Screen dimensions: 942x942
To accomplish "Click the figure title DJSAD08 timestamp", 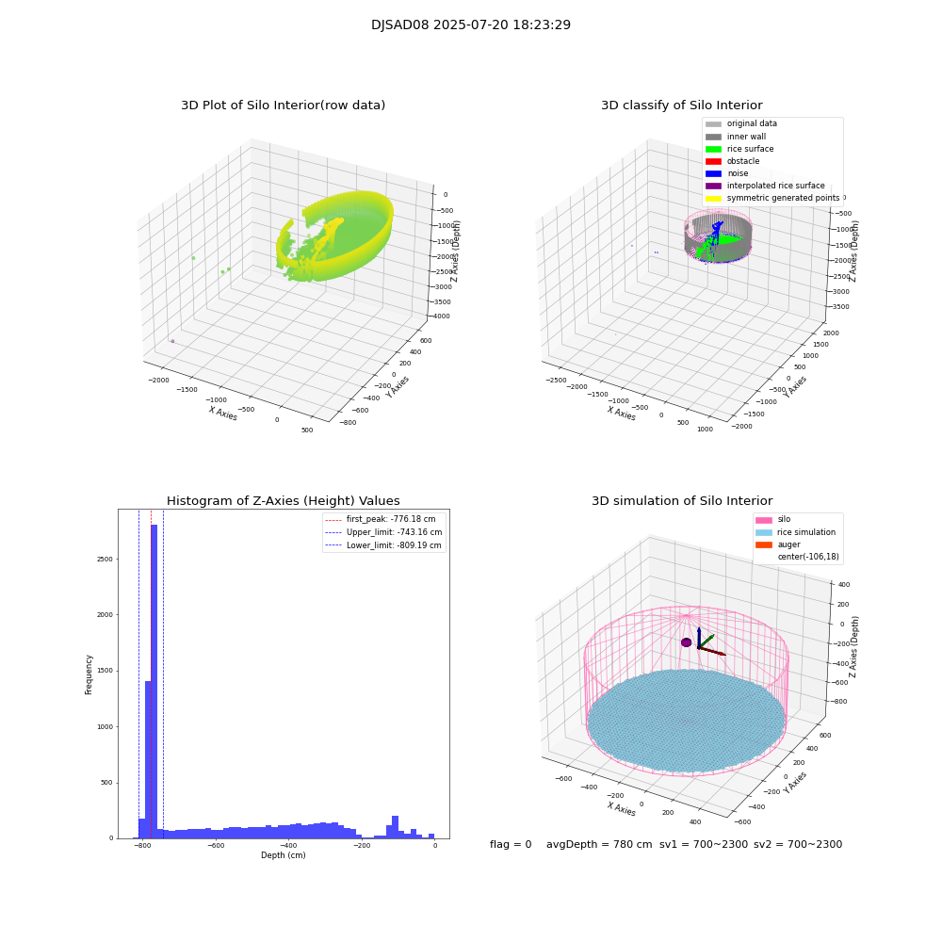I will pyautogui.click(x=470, y=25).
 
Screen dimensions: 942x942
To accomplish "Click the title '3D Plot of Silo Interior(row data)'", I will pyautogui.click(x=283, y=106).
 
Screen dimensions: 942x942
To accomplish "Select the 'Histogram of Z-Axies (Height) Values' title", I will pyautogui.click(x=283, y=501).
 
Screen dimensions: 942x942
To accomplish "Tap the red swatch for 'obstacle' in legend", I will pyautogui.click(x=713, y=161).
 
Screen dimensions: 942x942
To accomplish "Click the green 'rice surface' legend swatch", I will pyautogui.click(x=713, y=149).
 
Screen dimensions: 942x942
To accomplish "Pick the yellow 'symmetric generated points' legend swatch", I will pyautogui.click(x=713, y=198).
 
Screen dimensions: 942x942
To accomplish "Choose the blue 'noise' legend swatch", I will pyautogui.click(x=713, y=173).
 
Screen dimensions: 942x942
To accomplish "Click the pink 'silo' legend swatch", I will pyautogui.click(x=763, y=520).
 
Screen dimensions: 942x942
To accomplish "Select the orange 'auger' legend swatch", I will pyautogui.click(x=763, y=544).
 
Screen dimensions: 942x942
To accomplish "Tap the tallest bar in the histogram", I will pyautogui.click(x=154, y=678).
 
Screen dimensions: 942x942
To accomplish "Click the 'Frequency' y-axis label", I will pyautogui.click(x=89, y=674).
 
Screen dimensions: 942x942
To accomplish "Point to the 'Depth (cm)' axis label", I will pyautogui.click(x=283, y=855).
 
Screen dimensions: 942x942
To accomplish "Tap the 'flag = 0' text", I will pyautogui.click(x=511, y=845).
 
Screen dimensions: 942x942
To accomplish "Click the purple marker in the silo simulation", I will pyautogui.click(x=687, y=642).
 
